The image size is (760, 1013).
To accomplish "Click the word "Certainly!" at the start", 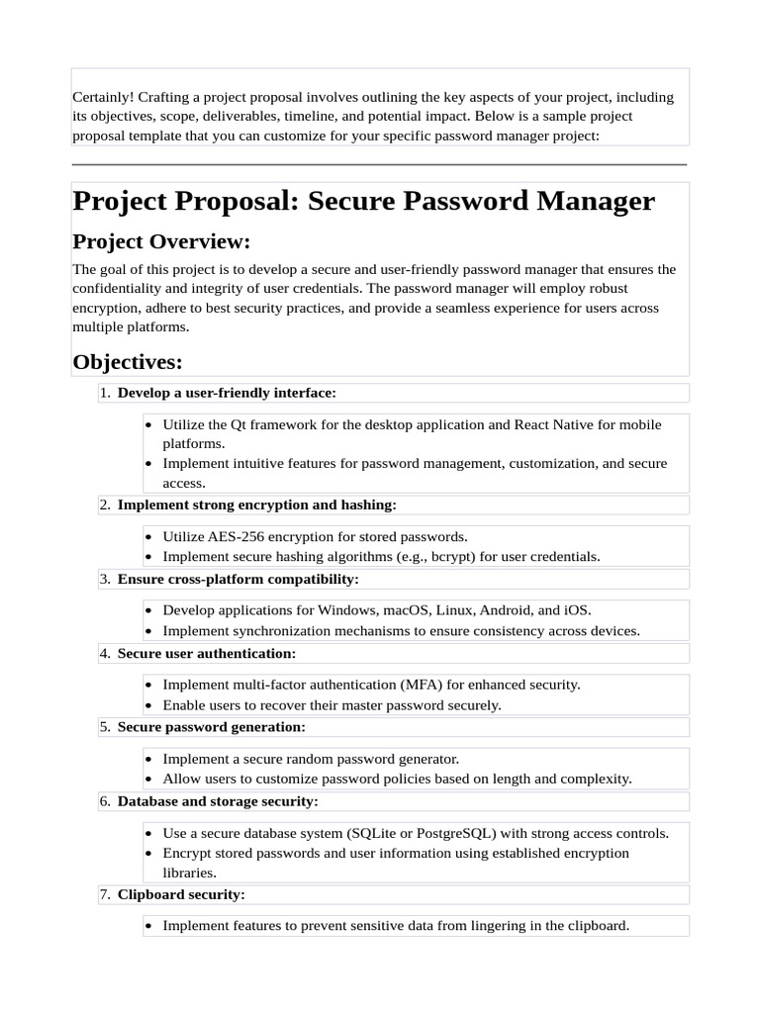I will tap(103, 97).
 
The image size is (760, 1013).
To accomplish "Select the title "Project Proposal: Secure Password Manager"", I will tap(363, 201).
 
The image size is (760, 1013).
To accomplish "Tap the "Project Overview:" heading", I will tap(161, 241).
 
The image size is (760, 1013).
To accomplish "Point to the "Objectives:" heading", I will tap(128, 362).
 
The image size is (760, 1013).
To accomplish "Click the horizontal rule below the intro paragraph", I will tap(379, 164).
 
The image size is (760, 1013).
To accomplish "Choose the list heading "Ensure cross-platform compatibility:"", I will tap(237, 579).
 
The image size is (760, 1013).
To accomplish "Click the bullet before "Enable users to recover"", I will tap(148, 705).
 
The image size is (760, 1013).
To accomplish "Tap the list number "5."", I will tap(105, 727).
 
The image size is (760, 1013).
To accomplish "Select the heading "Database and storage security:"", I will tap(218, 801).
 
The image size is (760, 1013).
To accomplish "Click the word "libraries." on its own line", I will tap(190, 873).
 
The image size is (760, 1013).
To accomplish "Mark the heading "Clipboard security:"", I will tap(181, 894).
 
